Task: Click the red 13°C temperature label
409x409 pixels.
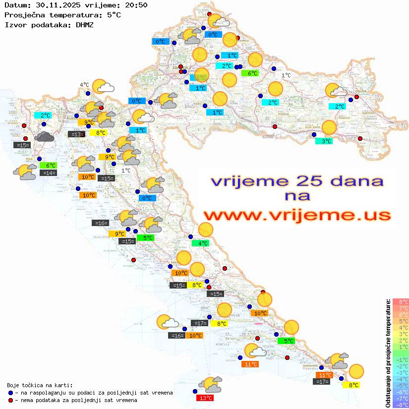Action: pyautogui.click(x=206, y=398)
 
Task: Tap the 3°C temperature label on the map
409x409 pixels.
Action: pyautogui.click(x=324, y=141)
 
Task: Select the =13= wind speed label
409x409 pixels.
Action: pyautogui.click(x=76, y=134)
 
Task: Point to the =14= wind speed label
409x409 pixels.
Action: pyautogui.click(x=49, y=173)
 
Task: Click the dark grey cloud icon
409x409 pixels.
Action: pyautogui.click(x=45, y=136)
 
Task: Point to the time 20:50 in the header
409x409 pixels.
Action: pyautogui.click(x=136, y=5)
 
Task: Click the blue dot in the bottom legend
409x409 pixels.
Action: pyautogui.click(x=10, y=393)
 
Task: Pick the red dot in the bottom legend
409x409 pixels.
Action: pyautogui.click(x=10, y=400)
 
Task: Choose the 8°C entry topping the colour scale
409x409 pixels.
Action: pyautogui.click(x=401, y=301)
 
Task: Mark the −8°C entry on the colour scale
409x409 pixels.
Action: pyautogui.click(x=401, y=405)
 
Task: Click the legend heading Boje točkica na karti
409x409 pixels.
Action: pyautogui.click(x=40, y=385)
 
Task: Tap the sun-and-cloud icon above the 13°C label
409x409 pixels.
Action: pyautogui.click(x=210, y=384)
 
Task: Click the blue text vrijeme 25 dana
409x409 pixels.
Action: pyautogui.click(x=297, y=181)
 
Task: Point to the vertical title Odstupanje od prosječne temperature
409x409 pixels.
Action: pyautogui.click(x=388, y=353)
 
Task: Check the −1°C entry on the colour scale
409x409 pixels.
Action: pyautogui.click(x=401, y=359)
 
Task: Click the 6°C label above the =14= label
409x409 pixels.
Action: pyautogui.click(x=50, y=166)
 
